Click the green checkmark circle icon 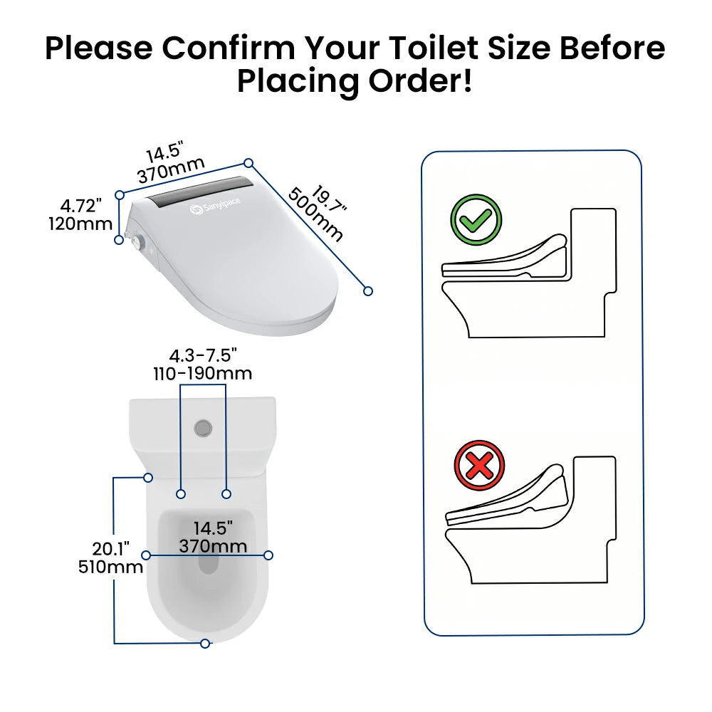tap(476, 220)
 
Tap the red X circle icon tap(479, 466)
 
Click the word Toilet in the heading tap(435, 48)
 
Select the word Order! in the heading tap(420, 82)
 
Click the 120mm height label tap(80, 224)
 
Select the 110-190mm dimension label tap(202, 374)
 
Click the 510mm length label tap(111, 567)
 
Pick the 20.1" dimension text tap(111, 549)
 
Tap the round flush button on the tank tap(203, 428)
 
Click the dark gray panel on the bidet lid tap(202, 194)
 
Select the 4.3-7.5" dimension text tap(203, 355)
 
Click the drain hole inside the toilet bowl tap(209, 562)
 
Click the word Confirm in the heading tap(229, 48)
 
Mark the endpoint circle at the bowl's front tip tap(205, 644)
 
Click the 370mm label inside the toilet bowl tap(213, 546)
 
